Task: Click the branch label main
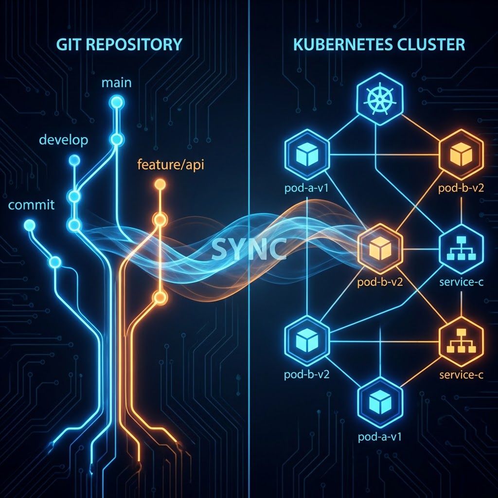(x=116, y=82)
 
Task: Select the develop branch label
(x=63, y=140)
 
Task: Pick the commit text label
(x=32, y=205)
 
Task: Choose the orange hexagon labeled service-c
(x=460, y=341)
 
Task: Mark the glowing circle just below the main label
(x=116, y=102)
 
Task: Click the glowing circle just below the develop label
(x=74, y=160)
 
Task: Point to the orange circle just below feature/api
(x=160, y=184)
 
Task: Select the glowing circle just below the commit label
(x=30, y=225)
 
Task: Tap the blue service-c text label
(x=460, y=282)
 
